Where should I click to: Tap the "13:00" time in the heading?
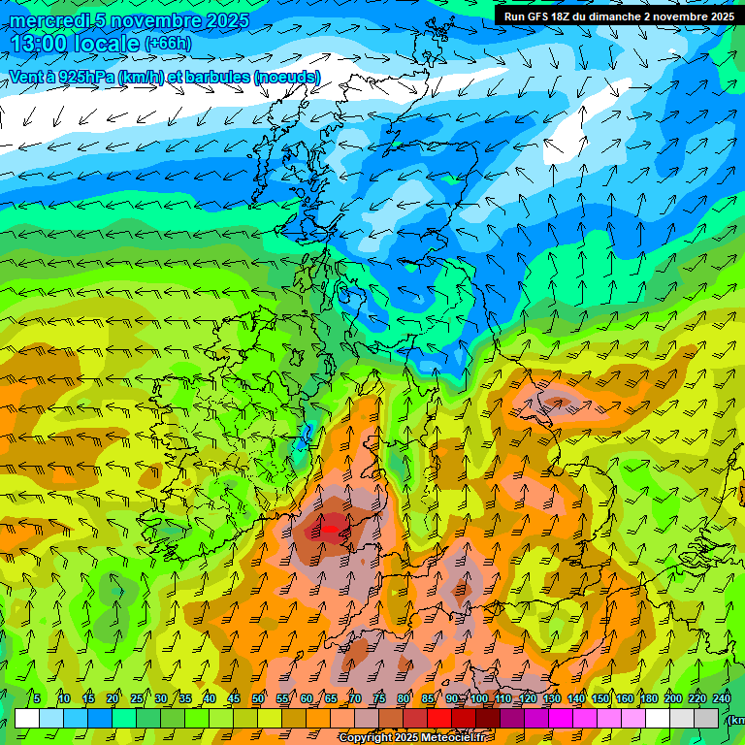click(x=39, y=44)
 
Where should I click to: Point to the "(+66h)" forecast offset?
click(x=168, y=44)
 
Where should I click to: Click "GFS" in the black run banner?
click(x=539, y=16)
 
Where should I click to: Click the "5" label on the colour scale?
click(x=37, y=699)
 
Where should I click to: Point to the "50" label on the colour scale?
click(x=258, y=699)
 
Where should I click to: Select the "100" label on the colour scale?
click(x=479, y=699)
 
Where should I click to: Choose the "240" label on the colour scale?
click(x=722, y=699)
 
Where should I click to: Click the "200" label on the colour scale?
click(x=673, y=699)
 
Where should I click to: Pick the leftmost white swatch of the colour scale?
click(x=27, y=718)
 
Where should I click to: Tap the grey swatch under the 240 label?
click(x=707, y=718)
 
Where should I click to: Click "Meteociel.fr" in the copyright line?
click(x=452, y=738)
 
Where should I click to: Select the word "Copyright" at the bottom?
click(x=365, y=738)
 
